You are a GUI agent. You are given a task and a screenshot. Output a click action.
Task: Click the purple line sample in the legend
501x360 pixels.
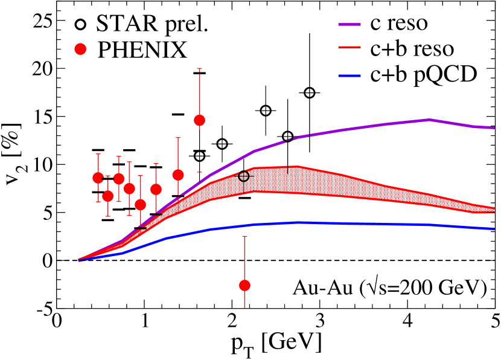point(349,25)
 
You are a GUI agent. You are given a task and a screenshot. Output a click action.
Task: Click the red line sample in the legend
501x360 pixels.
point(349,47)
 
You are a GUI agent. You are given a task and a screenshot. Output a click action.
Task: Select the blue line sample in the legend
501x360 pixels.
point(349,76)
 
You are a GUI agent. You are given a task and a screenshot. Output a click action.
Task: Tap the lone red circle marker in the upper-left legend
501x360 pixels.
point(80,49)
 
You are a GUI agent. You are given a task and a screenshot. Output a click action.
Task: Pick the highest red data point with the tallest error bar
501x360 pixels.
point(199,120)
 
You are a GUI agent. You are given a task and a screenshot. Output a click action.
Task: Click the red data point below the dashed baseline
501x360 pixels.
point(244,285)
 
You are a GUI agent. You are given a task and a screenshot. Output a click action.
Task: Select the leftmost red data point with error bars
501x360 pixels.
point(98,178)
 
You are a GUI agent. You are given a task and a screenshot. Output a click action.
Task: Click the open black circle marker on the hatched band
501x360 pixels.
point(244,176)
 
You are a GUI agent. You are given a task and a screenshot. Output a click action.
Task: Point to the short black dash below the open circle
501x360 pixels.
point(244,198)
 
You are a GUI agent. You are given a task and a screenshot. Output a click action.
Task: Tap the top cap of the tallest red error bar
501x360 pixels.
point(199,69)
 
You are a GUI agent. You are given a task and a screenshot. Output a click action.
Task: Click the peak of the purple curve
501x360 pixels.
point(429,120)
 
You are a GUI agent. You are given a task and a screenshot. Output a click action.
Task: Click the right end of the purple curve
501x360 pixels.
point(494,128)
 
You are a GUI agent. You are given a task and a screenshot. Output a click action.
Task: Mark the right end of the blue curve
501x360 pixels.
point(494,229)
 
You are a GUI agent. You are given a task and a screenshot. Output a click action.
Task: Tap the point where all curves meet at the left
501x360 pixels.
point(79,260)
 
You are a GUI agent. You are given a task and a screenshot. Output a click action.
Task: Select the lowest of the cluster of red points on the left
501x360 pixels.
point(140,205)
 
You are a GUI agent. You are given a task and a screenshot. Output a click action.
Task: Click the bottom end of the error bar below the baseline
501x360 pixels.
point(244,307)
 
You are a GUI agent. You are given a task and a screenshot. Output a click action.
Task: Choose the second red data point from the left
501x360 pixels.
point(107,196)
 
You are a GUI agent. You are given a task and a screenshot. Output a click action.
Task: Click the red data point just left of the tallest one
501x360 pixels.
point(178,175)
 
